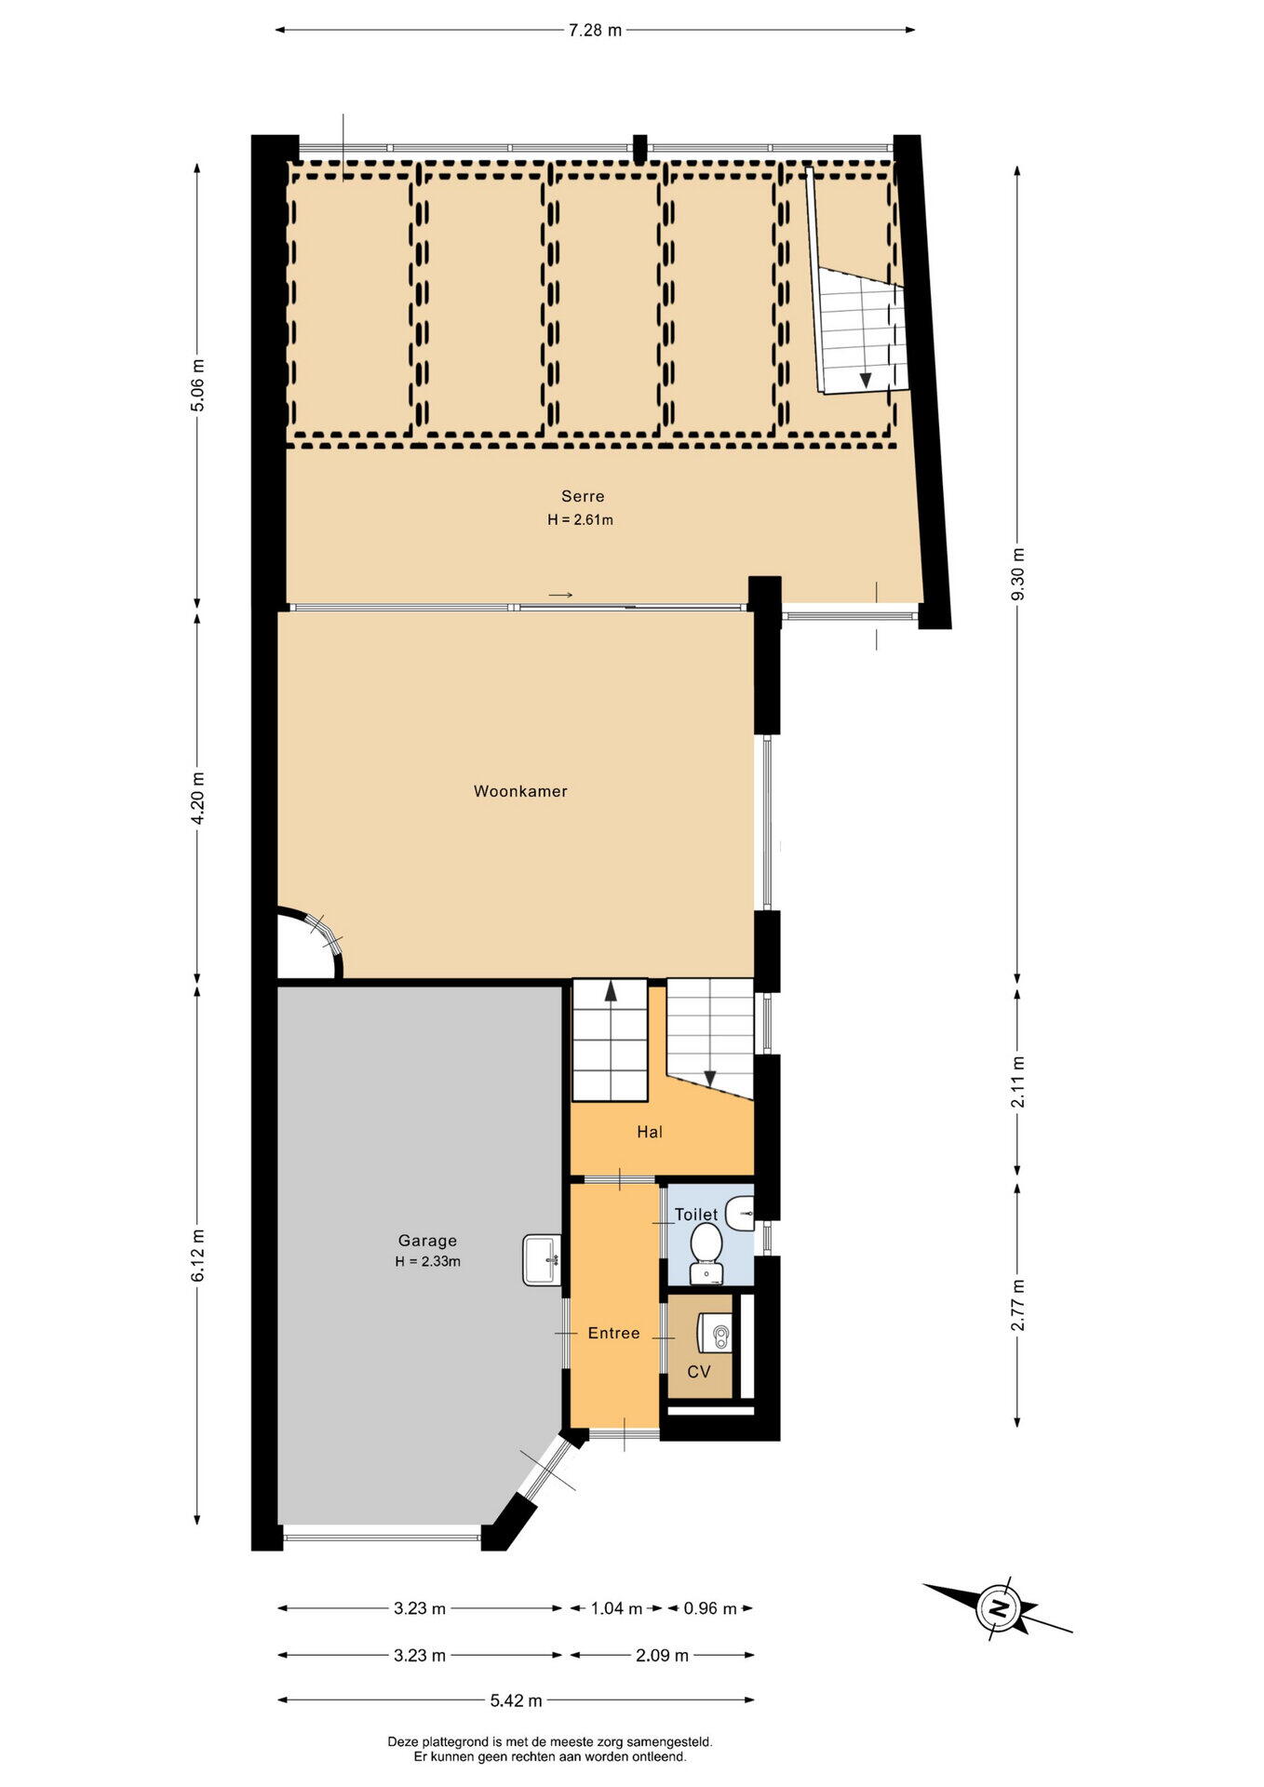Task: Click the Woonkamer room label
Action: [520, 791]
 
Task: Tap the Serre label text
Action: [583, 496]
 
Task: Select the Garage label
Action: [427, 1241]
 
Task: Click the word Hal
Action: [650, 1132]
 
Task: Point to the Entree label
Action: [613, 1333]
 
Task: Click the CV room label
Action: [699, 1372]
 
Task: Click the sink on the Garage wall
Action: [543, 1259]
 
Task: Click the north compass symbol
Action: [998, 1608]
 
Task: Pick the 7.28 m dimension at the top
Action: [595, 30]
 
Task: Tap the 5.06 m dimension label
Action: [197, 384]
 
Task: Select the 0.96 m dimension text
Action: [710, 1608]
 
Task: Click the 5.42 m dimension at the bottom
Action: [517, 1700]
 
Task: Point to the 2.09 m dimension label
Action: [663, 1655]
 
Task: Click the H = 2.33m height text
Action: [427, 1262]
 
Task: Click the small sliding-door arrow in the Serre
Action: [560, 595]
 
